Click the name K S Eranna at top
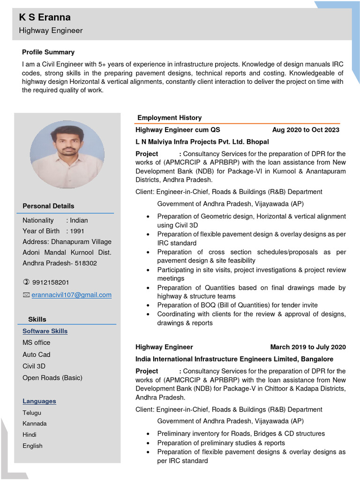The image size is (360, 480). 45,18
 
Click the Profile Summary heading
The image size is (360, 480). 48,52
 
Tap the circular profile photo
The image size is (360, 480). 67,154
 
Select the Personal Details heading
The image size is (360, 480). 48,206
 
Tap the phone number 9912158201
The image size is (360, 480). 51,282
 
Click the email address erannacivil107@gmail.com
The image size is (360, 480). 71,295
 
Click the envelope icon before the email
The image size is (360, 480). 26,295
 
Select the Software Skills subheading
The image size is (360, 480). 45,331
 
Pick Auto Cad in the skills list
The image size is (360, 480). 37,354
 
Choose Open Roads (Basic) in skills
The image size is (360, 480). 52,377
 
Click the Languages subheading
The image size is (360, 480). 39,401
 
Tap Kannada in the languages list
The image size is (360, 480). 35,423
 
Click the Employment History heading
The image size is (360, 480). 169,118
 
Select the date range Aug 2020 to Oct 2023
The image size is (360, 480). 306,130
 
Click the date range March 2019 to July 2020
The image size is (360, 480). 308,347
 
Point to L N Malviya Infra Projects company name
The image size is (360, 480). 202,142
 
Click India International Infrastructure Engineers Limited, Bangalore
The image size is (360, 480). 234,359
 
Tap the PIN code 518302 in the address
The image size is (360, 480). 86,263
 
